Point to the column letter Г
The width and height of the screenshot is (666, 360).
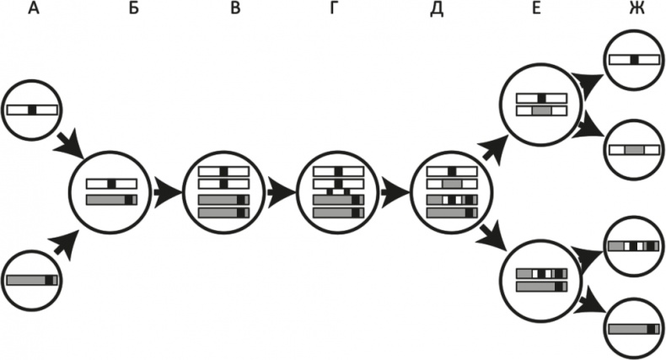[x=334, y=9]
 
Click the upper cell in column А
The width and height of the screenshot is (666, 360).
[x=33, y=110]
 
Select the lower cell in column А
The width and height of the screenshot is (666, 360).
[x=33, y=279]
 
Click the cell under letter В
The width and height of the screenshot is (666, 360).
[x=223, y=191]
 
